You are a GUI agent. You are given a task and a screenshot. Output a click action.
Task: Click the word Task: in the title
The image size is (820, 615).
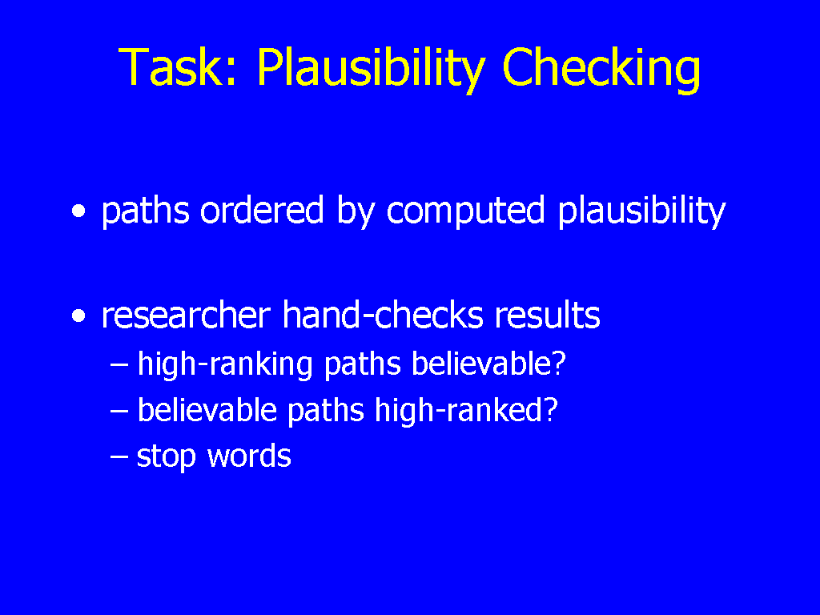178,67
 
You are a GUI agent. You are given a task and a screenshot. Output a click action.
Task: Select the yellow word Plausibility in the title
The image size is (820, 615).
372,70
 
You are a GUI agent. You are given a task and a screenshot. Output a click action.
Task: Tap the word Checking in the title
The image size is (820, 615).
601,70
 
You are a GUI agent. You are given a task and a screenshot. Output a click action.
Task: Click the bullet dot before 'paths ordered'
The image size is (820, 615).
78,211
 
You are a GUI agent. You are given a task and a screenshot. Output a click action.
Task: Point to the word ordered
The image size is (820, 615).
262,211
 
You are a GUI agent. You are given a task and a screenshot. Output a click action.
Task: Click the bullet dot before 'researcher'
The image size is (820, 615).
78,316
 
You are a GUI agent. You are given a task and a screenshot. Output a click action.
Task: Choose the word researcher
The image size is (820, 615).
186,315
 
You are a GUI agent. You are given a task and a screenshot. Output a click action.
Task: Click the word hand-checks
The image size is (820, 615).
382,315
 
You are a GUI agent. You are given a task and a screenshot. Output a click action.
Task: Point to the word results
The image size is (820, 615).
547,315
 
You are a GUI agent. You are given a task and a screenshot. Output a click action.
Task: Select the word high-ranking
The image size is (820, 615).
225,365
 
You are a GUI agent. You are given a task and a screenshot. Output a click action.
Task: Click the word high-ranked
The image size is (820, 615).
460,409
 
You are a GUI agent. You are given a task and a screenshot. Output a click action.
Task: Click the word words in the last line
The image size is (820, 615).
249,455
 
